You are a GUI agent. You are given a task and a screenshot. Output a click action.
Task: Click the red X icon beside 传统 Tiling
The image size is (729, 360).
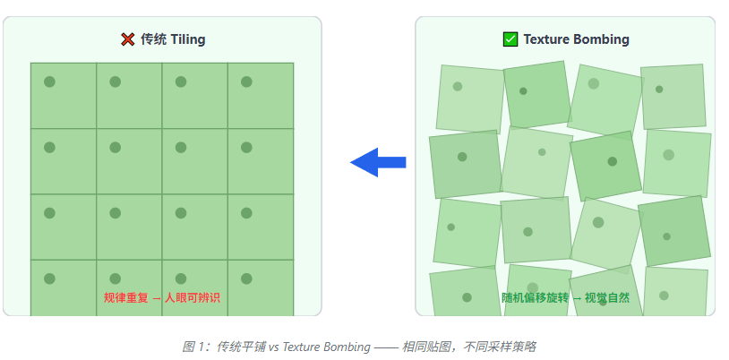[128, 39]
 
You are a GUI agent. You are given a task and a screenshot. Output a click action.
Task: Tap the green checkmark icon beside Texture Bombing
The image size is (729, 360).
[510, 39]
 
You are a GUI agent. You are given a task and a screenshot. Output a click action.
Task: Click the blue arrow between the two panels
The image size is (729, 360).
[378, 162]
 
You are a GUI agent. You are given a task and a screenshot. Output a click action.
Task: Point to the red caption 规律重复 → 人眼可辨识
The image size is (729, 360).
[162, 297]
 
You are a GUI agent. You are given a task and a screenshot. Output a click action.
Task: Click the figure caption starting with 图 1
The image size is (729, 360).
[358, 346]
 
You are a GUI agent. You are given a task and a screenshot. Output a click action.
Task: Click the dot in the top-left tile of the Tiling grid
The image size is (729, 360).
[50, 81]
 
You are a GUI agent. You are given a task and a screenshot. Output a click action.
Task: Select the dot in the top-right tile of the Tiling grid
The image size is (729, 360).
[246, 81]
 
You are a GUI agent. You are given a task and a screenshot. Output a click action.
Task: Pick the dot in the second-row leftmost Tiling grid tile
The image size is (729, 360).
[50, 147]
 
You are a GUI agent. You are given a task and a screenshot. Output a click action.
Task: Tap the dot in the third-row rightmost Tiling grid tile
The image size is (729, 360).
[246, 213]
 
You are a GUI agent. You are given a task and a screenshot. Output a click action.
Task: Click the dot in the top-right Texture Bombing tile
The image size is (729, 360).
[659, 89]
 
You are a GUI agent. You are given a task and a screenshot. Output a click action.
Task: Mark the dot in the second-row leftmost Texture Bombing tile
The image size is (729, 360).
[462, 157]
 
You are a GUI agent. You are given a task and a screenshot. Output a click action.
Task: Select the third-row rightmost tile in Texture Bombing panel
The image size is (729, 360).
[674, 231]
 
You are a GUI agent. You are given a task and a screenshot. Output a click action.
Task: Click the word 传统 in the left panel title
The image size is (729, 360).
[151, 39]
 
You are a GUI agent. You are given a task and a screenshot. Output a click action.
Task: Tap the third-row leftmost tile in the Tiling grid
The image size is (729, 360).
[64, 227]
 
